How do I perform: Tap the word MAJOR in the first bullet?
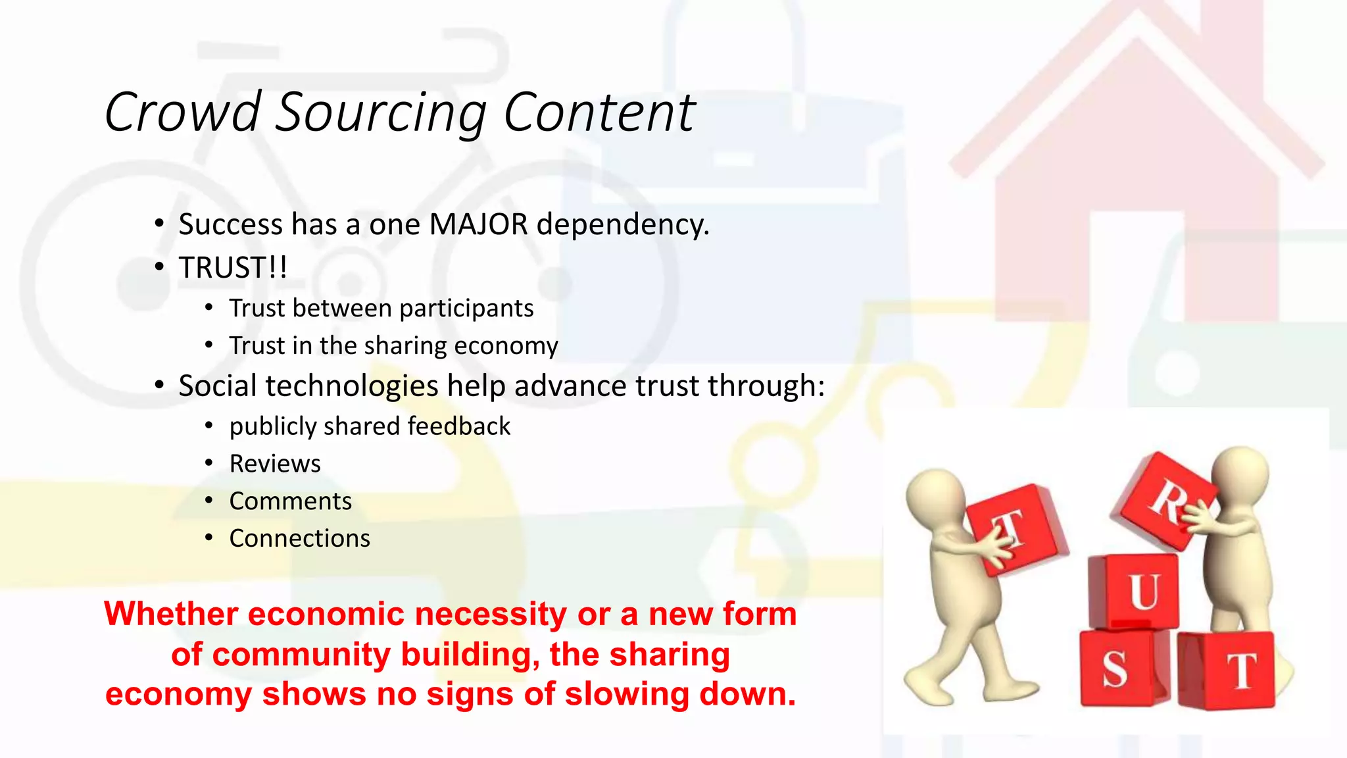478,224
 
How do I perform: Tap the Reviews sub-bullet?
275,464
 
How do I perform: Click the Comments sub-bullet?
290,501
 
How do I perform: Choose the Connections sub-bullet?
299,538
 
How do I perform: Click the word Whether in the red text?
171,614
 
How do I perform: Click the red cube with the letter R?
1163,500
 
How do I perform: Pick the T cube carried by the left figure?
1016,526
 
